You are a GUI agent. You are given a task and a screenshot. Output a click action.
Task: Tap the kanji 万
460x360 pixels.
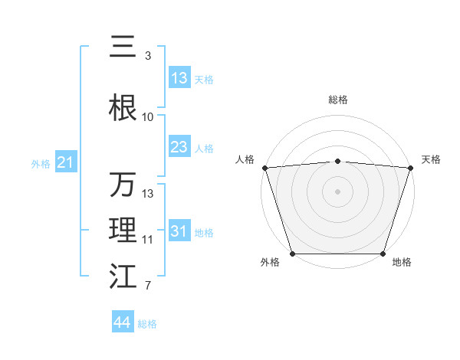123,185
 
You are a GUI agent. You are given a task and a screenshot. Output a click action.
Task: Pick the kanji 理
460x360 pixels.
123,231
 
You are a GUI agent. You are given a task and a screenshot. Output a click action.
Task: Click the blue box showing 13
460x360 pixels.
179,78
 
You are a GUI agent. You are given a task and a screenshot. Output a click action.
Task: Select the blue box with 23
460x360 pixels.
179,147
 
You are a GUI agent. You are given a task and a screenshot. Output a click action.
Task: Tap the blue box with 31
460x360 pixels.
179,231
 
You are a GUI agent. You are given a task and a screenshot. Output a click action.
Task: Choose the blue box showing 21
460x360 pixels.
65,162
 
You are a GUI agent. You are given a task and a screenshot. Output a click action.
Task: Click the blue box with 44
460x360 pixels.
123,322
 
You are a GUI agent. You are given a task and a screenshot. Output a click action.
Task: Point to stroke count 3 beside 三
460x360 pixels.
147,56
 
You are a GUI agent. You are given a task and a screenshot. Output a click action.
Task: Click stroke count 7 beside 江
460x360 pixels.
147,286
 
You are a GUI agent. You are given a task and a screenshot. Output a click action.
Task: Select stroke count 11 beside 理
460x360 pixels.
147,240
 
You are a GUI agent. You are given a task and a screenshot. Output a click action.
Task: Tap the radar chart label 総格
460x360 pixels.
338,100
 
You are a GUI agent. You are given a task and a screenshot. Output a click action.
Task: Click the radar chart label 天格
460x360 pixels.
431,159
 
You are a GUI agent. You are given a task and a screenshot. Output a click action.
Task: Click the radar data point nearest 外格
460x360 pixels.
293,253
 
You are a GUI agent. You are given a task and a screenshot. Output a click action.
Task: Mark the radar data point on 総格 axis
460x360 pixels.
338,161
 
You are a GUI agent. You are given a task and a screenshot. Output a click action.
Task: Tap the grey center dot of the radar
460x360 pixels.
338,191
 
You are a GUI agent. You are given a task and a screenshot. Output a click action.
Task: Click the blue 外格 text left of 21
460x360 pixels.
41,163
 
